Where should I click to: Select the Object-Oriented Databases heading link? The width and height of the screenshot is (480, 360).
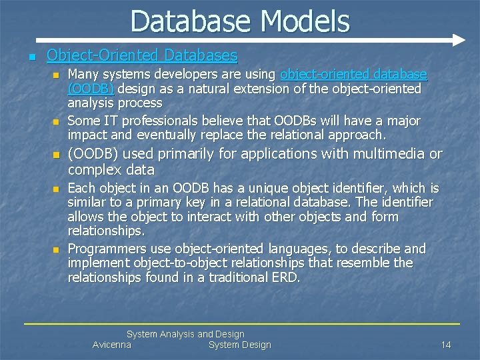click(141, 55)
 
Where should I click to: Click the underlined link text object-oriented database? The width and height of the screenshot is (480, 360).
click(353, 74)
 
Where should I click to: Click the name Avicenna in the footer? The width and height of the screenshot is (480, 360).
click(111, 345)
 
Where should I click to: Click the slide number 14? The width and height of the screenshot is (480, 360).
click(446, 345)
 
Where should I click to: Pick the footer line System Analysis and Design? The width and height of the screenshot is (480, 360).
click(185, 334)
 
